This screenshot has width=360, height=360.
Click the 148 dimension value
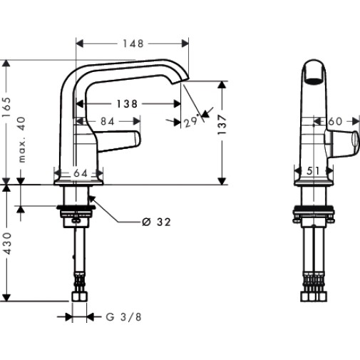[x=133, y=43]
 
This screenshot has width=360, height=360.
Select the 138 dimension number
[x=127, y=104]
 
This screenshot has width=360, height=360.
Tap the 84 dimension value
[x=108, y=121]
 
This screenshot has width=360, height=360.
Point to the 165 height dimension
[x=6, y=107]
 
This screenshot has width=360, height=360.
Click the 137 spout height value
[x=222, y=125]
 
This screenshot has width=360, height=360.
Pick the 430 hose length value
[x=6, y=243]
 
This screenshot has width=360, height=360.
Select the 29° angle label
[x=191, y=121]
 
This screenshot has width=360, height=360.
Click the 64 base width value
[x=81, y=173]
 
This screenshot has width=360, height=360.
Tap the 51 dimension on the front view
[x=313, y=170]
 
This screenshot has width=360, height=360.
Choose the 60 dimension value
[x=335, y=121]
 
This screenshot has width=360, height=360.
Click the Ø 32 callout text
[x=156, y=222]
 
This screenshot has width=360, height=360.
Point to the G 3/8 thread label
[x=123, y=317]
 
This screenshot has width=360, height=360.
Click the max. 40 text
[x=22, y=140]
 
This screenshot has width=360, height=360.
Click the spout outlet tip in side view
[x=180, y=81]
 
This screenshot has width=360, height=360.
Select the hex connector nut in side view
[x=80, y=297]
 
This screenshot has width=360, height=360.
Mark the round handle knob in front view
[x=355, y=140]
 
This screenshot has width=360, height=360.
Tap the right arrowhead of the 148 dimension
[x=185, y=43]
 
